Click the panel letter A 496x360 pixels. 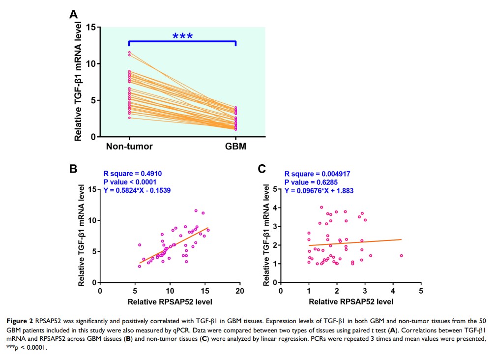point(73,14)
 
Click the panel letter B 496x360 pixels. point(73,169)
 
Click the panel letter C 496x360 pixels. point(262,169)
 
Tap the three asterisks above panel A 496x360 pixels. point(182,36)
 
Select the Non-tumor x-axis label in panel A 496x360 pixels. point(130,146)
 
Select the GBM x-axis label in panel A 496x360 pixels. point(235,146)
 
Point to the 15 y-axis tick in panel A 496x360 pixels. point(90,27)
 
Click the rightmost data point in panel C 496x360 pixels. point(402,256)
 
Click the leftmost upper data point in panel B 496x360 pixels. point(140,245)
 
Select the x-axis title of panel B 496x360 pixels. point(170,300)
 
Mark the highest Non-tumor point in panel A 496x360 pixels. point(129,52)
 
